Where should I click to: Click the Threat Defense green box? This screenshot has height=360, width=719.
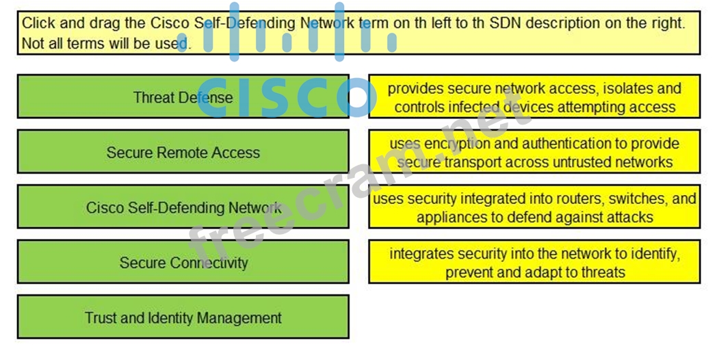(x=183, y=97)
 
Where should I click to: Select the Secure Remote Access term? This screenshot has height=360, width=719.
(x=183, y=152)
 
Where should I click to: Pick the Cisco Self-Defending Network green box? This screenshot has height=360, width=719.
(x=183, y=207)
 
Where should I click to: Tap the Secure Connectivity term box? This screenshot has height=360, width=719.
(x=183, y=262)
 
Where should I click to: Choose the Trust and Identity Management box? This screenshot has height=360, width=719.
(x=183, y=318)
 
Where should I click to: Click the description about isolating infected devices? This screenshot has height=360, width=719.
(x=534, y=97)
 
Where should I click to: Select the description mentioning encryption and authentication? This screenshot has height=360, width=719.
(x=534, y=153)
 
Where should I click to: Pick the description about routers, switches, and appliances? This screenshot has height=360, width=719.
(x=534, y=207)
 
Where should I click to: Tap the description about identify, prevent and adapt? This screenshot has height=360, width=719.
(x=534, y=262)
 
